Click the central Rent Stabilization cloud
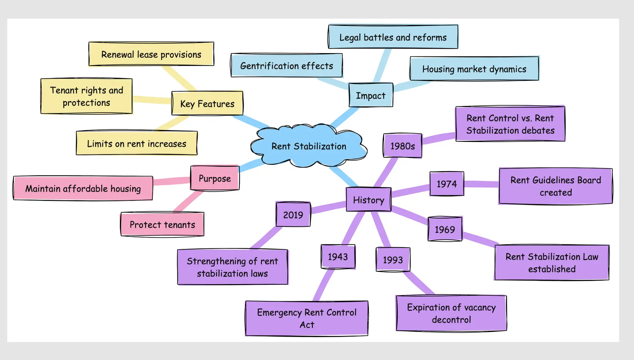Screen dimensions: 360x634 coord(309,146)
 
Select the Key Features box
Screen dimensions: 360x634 coord(207,104)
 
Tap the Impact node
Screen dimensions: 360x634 coord(371,95)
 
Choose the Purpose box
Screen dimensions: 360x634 coord(215,178)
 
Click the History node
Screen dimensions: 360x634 coord(369,200)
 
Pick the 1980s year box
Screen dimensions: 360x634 coord(403,146)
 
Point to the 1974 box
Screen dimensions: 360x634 coord(447,184)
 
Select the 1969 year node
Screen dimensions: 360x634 coord(445,229)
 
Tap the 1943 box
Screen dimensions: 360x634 coord(338,257)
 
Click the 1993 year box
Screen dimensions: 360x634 coord(393,260)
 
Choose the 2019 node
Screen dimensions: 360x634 coord(293,215)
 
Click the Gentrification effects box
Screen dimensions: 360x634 coord(287,66)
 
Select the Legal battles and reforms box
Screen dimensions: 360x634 coord(393,37)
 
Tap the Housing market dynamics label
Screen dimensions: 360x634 coord(474,69)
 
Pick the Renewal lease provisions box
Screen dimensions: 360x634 coord(151,54)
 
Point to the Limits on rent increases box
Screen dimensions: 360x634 coord(137,144)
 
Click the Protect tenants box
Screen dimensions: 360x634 coord(162,225)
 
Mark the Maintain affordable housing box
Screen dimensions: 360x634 coord(83,188)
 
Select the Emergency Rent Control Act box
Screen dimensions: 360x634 coord(307,318)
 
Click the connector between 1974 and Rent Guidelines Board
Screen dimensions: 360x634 coord(481,184)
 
